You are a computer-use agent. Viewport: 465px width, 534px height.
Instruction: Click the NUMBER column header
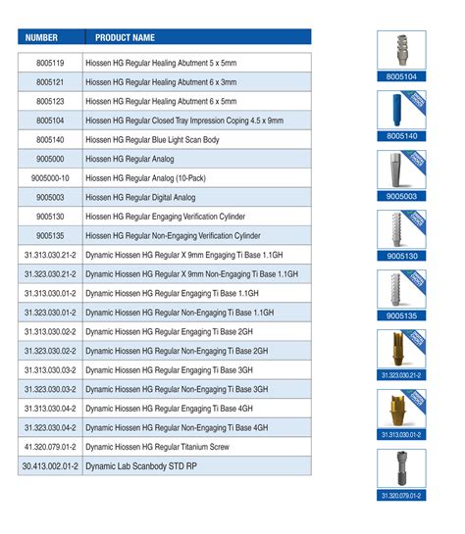[x=41, y=37]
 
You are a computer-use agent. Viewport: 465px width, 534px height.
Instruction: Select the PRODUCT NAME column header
[x=125, y=37]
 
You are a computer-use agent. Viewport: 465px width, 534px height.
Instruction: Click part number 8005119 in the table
[x=51, y=63]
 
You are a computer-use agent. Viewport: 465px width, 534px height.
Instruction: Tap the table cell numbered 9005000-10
[x=51, y=177]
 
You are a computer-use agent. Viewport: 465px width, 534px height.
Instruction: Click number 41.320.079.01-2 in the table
[x=51, y=446]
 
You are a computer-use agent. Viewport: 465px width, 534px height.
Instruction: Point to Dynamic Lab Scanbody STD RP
[x=142, y=465]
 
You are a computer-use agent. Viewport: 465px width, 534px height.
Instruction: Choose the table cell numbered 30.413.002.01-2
[x=51, y=465]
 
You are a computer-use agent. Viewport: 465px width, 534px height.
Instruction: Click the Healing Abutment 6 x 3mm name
[x=161, y=81]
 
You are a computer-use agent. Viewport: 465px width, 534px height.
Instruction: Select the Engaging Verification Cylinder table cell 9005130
[x=51, y=216]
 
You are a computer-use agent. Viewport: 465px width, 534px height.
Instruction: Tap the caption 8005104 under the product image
[x=401, y=74]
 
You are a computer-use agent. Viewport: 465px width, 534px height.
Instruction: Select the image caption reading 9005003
[x=401, y=196]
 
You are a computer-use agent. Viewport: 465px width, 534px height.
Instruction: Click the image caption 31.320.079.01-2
[x=401, y=495]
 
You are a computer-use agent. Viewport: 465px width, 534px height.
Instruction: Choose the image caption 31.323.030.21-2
[x=401, y=374]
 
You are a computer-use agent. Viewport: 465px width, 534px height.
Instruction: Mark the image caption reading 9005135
[x=401, y=316]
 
